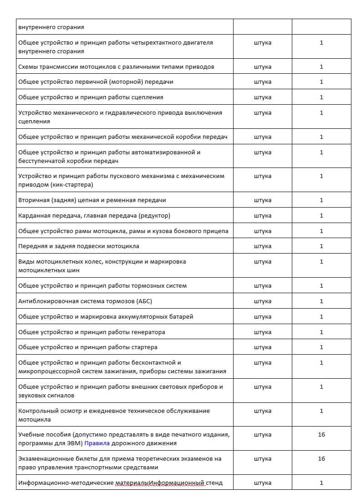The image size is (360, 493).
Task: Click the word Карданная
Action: [x=34, y=216]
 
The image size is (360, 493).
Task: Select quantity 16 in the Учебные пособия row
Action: [x=321, y=435]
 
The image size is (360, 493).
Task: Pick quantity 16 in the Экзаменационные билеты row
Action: [x=321, y=458]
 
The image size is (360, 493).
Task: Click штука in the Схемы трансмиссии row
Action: [x=263, y=67]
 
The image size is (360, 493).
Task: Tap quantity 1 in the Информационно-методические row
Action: [x=321, y=483]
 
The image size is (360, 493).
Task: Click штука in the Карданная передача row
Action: [x=263, y=216]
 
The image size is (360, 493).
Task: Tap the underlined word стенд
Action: [x=213, y=483]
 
